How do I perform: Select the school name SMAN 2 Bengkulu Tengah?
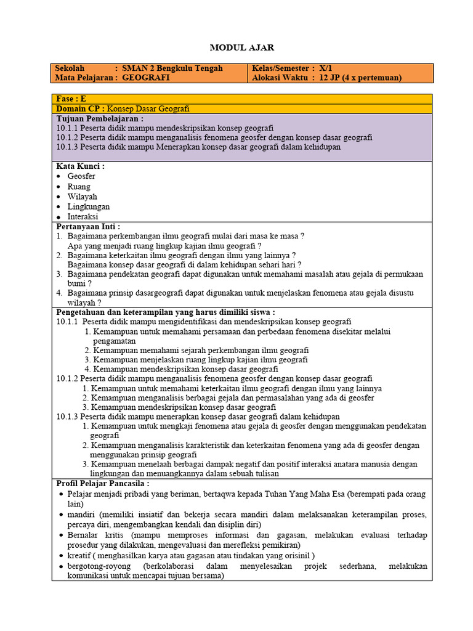[172, 68]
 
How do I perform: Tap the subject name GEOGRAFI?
[146, 78]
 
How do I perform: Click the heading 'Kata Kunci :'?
[80, 166]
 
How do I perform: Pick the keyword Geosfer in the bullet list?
[81, 176]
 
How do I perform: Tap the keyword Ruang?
[79, 187]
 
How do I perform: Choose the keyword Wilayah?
[83, 197]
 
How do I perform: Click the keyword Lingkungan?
[89, 207]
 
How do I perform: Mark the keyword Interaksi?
[83, 217]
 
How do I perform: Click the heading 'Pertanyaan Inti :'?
[88, 227]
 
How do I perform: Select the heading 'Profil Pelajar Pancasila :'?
[103, 484]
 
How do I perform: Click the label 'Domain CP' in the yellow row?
[78, 108]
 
